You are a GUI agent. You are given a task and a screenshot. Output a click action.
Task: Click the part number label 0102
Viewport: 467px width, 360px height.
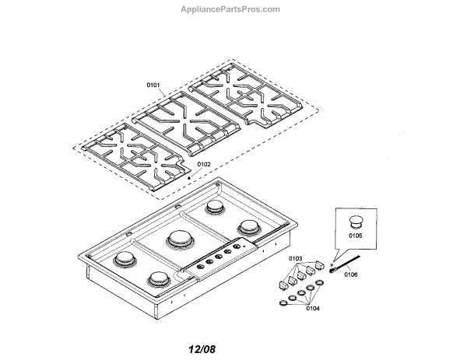coord(204,164)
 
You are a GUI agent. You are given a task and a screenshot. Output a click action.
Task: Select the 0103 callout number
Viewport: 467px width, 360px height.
coord(295,257)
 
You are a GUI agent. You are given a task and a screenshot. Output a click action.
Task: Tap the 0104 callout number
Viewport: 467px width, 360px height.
coord(313,309)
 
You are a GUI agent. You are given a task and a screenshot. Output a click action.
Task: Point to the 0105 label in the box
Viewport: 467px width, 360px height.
coord(355,233)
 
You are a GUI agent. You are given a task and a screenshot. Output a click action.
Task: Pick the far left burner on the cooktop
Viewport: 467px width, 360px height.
coord(123,259)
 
